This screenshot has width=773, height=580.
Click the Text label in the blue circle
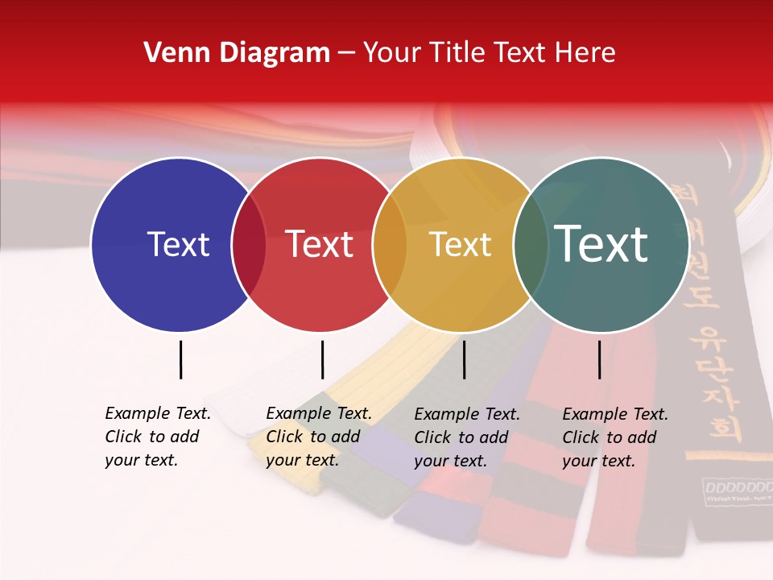(x=178, y=244)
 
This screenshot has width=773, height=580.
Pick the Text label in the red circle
(x=320, y=244)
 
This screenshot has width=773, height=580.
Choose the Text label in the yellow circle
(x=461, y=244)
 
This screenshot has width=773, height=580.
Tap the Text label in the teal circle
(x=601, y=244)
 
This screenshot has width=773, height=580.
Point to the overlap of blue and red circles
(x=249, y=244)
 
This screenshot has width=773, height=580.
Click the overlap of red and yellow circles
(x=390, y=244)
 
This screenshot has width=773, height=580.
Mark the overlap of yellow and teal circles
(x=531, y=244)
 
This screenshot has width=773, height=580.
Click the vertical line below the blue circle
(x=180, y=359)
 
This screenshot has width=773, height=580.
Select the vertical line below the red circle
(x=322, y=359)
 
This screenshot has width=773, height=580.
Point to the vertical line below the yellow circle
(x=464, y=359)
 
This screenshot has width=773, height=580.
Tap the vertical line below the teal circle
(x=599, y=359)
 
